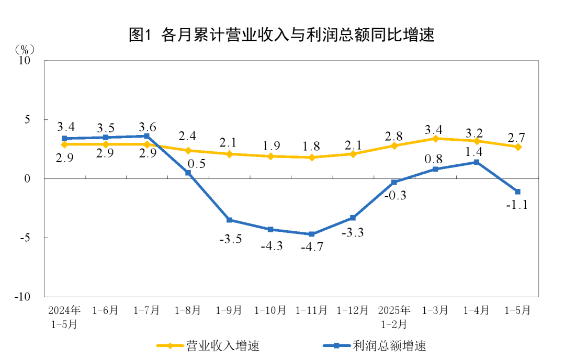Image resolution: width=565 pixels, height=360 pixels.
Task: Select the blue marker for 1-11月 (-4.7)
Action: pos(312,234)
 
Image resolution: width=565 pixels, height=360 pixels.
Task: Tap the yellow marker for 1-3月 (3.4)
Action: pos(435,138)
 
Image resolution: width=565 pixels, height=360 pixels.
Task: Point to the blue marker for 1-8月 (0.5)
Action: pos(188,173)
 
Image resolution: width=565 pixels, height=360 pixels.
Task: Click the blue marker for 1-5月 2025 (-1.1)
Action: pos(517,192)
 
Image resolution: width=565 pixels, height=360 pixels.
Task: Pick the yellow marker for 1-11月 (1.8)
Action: pos(312,157)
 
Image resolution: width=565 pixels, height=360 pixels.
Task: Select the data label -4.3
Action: pos(271,245)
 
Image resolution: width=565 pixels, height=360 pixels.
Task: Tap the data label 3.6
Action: pos(147,127)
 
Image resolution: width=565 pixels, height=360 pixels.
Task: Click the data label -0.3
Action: pos(395,196)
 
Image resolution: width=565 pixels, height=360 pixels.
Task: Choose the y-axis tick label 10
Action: pos(25,61)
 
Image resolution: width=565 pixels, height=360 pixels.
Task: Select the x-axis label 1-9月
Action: pos(229,310)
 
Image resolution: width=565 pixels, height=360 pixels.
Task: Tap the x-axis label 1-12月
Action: pos(353,310)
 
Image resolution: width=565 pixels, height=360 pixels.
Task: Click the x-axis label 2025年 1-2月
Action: pos(394,317)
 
